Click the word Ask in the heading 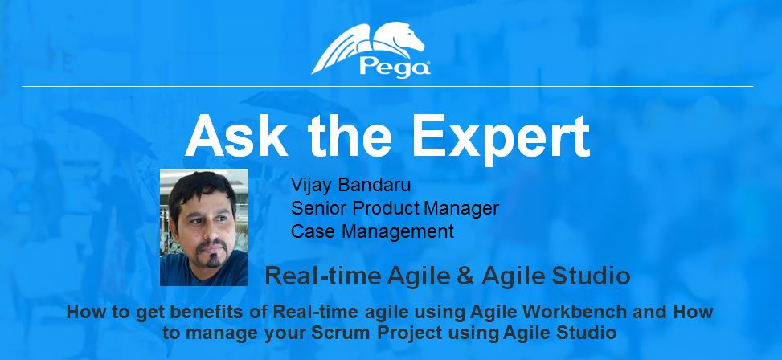click(236, 136)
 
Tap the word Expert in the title click(501, 138)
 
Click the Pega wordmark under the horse click(395, 67)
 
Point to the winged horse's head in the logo click(410, 39)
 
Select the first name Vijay click(312, 186)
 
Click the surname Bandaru click(374, 185)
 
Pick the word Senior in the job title click(319, 208)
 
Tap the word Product click(386, 208)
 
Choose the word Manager click(461, 209)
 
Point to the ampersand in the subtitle click(465, 276)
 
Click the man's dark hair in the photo click(201, 187)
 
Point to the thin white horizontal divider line click(387, 86)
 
